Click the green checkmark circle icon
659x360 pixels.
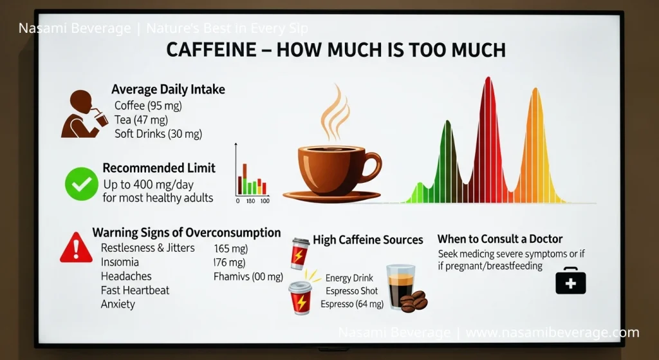(82, 184)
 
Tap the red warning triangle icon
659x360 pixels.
(76, 249)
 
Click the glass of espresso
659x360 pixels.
(400, 287)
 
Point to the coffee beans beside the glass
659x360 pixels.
(414, 301)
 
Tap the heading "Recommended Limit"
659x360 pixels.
(159, 168)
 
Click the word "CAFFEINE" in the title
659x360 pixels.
(213, 50)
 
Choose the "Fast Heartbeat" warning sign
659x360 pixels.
(135, 290)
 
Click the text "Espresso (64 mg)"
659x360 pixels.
(352, 304)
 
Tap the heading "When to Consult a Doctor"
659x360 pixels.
(500, 240)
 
